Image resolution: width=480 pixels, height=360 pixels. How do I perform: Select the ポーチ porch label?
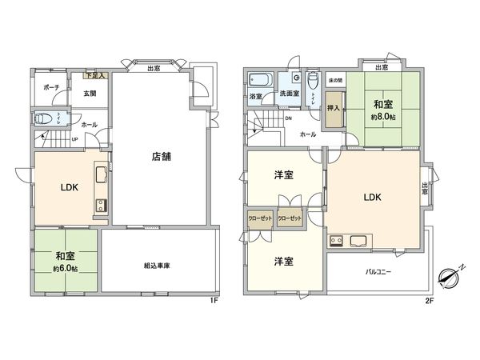[x=51, y=87]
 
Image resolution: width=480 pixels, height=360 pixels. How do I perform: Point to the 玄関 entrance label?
[x=90, y=94]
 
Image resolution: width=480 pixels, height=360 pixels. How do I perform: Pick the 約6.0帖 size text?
[x=66, y=267]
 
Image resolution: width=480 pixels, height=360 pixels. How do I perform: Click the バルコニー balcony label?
[x=378, y=273]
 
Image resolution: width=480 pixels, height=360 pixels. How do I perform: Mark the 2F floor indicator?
[x=429, y=301]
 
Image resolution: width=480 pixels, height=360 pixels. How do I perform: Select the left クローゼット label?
[x=259, y=218]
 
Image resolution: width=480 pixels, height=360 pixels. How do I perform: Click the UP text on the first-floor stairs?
[x=75, y=138]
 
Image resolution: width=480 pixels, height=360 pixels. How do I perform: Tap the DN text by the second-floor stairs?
[x=288, y=118]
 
